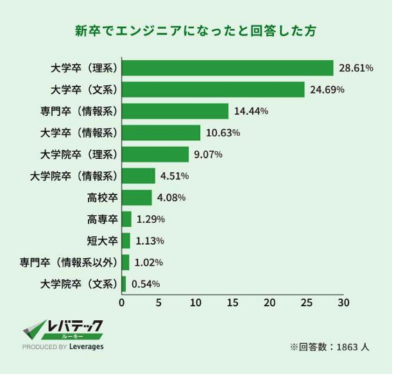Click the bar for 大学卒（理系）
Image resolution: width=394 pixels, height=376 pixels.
click(228, 68)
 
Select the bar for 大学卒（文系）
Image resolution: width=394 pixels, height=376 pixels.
click(213, 90)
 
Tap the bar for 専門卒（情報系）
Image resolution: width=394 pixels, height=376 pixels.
click(175, 111)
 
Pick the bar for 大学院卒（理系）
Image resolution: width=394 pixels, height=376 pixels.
click(155, 154)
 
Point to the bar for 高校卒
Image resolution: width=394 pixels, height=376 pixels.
click(137, 197)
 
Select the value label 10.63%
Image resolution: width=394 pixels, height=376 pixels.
click(223, 133)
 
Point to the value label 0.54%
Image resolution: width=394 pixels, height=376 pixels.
click(145, 284)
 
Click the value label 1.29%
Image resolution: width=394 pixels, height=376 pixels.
click(150, 219)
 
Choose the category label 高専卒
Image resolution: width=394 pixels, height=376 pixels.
click(102, 219)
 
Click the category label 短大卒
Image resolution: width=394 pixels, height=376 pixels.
click(102, 241)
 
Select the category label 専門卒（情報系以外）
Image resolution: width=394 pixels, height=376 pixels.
click(69, 262)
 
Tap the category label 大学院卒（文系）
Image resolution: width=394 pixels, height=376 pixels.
click(79, 284)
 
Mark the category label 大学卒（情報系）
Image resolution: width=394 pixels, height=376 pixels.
click(79, 133)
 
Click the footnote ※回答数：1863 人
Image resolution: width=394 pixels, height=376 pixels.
click(329, 347)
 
